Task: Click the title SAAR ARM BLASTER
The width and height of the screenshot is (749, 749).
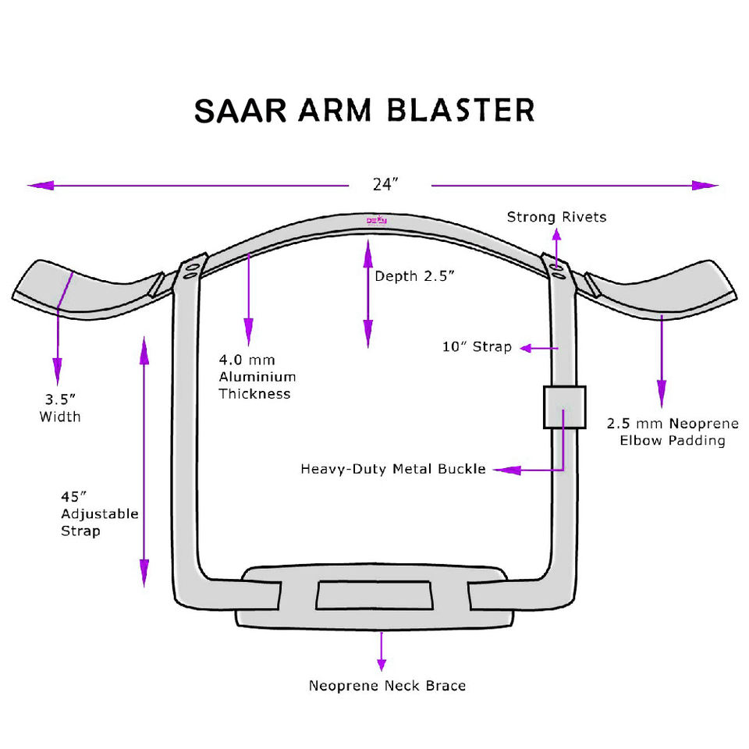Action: coord(364,110)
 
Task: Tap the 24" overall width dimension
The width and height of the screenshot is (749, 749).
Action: coord(385,185)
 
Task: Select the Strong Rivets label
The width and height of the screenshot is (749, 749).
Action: coord(556,217)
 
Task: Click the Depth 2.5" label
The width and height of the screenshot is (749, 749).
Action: coord(414,276)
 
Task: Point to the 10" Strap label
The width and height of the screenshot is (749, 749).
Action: coord(477,346)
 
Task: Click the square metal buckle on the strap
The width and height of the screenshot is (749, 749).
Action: coord(564,406)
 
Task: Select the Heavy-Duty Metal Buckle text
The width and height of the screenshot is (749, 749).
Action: coord(393,470)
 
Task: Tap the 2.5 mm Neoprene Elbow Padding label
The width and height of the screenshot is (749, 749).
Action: coord(672,432)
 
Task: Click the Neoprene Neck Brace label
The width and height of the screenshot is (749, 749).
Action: coord(387,687)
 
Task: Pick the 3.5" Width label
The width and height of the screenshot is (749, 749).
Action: coord(60,408)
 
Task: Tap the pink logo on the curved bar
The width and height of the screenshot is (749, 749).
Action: coord(378,222)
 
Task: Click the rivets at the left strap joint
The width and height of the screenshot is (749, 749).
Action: coord(190,270)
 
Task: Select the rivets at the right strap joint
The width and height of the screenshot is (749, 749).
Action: coord(556,270)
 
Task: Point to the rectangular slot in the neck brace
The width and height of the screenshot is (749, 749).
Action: coord(374,595)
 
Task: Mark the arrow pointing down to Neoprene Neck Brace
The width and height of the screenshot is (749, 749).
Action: coord(382,651)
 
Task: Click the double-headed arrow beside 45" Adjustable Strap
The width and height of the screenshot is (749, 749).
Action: coord(144,460)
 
